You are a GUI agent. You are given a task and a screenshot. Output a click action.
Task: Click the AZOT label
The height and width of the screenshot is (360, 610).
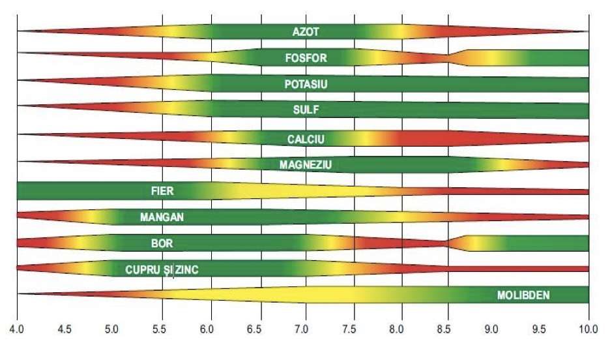click(306, 31)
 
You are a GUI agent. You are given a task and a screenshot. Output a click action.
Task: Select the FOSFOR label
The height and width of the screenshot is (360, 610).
click(306, 58)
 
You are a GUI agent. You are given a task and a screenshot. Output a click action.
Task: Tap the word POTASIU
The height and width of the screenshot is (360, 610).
click(306, 84)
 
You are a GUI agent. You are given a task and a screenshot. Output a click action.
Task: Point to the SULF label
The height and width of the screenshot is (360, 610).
click(306, 110)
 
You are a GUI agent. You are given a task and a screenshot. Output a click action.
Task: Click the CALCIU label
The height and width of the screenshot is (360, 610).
click(306, 138)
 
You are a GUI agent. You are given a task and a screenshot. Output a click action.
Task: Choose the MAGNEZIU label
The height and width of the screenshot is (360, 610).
click(306, 165)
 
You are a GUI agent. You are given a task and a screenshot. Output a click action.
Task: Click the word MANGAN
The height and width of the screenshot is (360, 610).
click(162, 217)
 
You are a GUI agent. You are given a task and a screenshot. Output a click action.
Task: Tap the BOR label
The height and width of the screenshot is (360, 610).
click(162, 243)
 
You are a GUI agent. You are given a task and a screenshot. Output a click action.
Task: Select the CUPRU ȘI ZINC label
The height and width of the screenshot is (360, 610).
click(162, 269)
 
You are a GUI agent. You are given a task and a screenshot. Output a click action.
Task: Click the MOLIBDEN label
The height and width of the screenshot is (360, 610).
click(523, 295)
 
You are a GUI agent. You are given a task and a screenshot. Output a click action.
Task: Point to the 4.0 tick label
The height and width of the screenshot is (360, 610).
click(17, 329)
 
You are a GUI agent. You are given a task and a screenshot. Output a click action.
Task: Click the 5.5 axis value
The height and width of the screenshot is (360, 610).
click(160, 329)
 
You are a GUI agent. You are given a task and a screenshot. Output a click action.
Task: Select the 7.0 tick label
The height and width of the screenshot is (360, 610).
click(304, 329)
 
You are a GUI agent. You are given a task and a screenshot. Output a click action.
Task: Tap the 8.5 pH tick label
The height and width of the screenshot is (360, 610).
click(446, 329)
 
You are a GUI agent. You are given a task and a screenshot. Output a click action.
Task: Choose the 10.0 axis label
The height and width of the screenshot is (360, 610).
click(588, 329)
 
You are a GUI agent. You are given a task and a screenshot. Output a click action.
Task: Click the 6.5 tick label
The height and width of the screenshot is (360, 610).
click(256, 329)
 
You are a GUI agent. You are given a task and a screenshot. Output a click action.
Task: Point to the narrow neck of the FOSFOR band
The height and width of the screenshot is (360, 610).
click(447, 58)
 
